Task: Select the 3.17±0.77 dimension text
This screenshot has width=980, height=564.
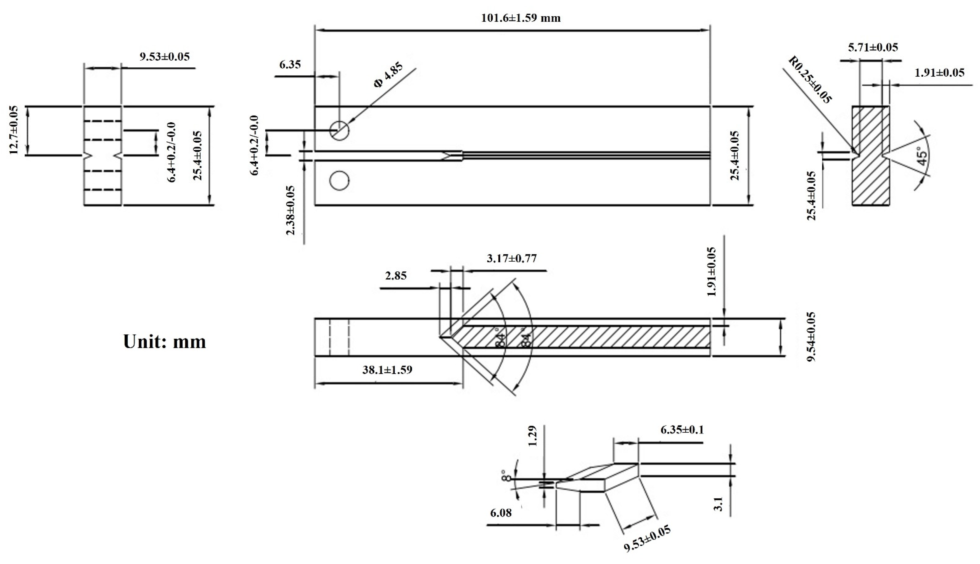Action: coord(512,258)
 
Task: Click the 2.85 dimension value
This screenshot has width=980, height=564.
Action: coord(396,276)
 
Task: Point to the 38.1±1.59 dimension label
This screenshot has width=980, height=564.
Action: coord(387,370)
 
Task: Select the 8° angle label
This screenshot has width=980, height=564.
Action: coord(505,476)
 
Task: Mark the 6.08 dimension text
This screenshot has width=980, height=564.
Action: coord(501,513)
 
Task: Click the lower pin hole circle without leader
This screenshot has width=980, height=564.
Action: coord(339,180)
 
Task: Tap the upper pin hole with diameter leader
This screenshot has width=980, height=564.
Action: coord(339,130)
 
